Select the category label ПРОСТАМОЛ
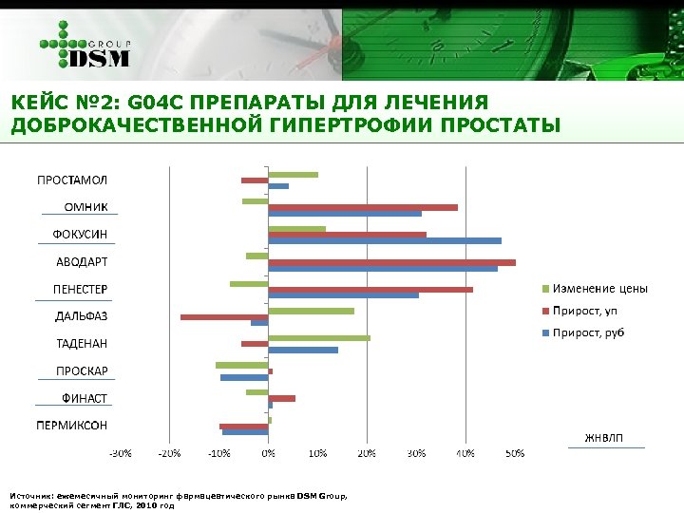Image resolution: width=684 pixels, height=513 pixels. [72, 180]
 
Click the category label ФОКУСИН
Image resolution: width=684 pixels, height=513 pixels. [79, 235]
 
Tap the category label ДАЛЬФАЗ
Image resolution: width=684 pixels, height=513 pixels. [81, 316]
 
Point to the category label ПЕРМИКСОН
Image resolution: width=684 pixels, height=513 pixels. [72, 426]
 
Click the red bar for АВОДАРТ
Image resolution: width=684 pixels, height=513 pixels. [391, 262]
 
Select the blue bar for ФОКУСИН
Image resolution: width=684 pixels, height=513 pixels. [385, 241]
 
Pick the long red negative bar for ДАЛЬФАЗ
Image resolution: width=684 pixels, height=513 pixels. [224, 316]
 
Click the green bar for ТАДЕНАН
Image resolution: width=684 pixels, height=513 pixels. [319, 338]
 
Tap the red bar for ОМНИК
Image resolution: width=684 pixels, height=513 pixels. [363, 207]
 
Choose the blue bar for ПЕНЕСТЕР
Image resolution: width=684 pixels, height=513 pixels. [343, 295]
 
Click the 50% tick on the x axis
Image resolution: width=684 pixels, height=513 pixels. [514, 453]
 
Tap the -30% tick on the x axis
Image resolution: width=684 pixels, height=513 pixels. [120, 453]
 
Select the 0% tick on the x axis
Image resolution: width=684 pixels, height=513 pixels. [269, 453]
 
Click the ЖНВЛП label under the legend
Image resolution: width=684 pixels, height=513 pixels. [604, 438]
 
